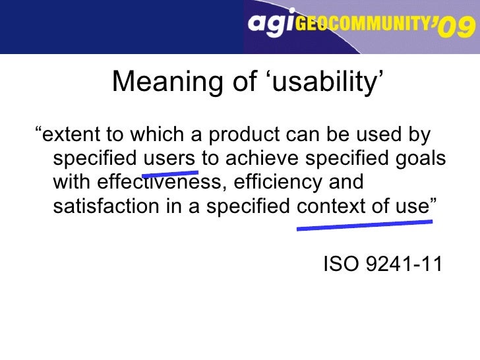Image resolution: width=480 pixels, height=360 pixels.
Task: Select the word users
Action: point(169,160)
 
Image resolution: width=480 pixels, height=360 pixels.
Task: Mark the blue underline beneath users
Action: point(170,174)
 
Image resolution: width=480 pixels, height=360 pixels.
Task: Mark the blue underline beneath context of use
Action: point(365,225)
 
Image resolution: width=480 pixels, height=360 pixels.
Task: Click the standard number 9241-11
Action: point(404,265)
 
